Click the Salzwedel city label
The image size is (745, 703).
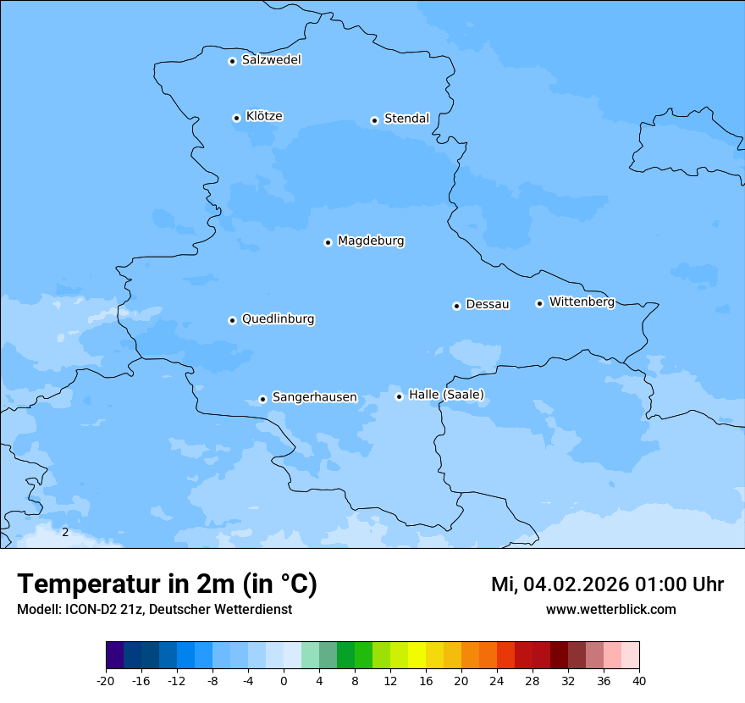coord(271,60)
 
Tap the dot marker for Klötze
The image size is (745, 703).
coord(236,118)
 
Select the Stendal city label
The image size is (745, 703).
coord(406,119)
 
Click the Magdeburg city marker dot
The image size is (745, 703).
coord(328,242)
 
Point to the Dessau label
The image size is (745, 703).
coord(488,304)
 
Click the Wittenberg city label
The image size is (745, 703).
coord(582,302)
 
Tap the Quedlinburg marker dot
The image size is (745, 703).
coord(232,320)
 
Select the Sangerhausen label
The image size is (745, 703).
coord(314,397)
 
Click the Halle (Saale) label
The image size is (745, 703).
coord(446,395)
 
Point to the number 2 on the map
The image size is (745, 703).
coord(65,532)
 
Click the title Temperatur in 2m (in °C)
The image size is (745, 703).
coord(167,584)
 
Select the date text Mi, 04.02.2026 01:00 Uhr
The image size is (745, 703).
coord(607,584)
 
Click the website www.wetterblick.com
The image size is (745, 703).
coord(610,610)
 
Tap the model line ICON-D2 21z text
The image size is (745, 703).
coord(154,610)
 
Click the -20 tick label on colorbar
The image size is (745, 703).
coord(106,681)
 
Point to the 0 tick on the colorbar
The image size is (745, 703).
coord(284,681)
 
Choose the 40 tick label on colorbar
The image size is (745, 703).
coord(639,681)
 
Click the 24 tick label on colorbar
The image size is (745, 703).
coord(497,681)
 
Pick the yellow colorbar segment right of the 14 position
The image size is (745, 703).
coord(417,656)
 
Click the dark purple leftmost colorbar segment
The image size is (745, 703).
coord(114,656)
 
